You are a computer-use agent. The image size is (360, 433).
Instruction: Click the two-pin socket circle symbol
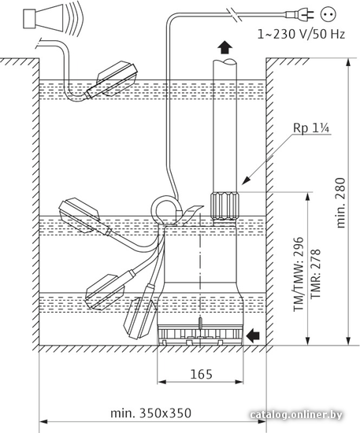(x=329, y=14)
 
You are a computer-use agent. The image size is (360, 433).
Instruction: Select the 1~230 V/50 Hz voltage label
(x=301, y=34)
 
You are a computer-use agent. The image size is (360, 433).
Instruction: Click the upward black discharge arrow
(x=225, y=47)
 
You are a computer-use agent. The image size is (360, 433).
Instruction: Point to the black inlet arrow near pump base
(x=253, y=335)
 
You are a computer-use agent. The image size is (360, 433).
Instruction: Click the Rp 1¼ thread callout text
(x=311, y=128)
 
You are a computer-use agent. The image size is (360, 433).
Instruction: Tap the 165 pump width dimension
(x=202, y=374)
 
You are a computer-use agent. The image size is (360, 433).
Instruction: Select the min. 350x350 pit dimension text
(x=150, y=413)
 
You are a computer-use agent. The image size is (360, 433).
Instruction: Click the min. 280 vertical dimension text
(x=340, y=203)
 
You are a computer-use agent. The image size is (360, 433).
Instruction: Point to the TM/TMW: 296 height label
(x=299, y=274)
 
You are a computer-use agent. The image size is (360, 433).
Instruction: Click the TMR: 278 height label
(x=315, y=274)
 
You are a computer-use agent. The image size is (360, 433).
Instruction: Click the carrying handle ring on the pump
(x=165, y=210)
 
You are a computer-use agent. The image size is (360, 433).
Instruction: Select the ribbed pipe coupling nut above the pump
(x=224, y=206)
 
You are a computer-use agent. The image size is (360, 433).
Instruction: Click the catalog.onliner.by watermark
(x=296, y=415)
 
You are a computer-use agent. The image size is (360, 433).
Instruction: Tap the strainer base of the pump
(x=200, y=335)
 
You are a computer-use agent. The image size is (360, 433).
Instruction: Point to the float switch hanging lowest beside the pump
(x=140, y=316)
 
